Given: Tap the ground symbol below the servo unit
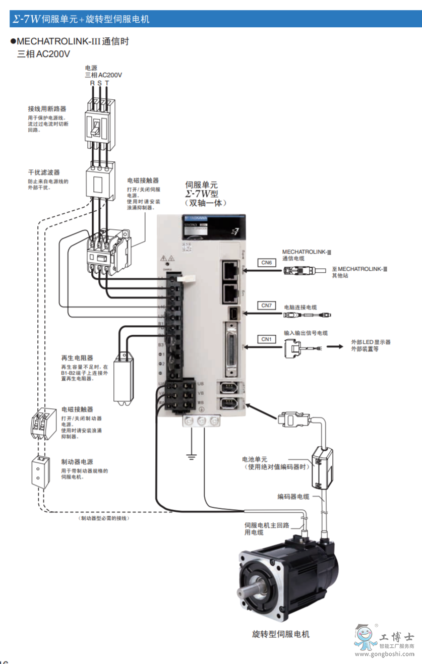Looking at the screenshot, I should (x=191, y=457).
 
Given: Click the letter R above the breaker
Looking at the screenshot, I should (x=92, y=83).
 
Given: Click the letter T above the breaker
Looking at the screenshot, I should (x=107, y=83).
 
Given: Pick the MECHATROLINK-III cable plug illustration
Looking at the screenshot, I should (x=299, y=271).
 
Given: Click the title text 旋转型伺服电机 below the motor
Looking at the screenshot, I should (x=281, y=634).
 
